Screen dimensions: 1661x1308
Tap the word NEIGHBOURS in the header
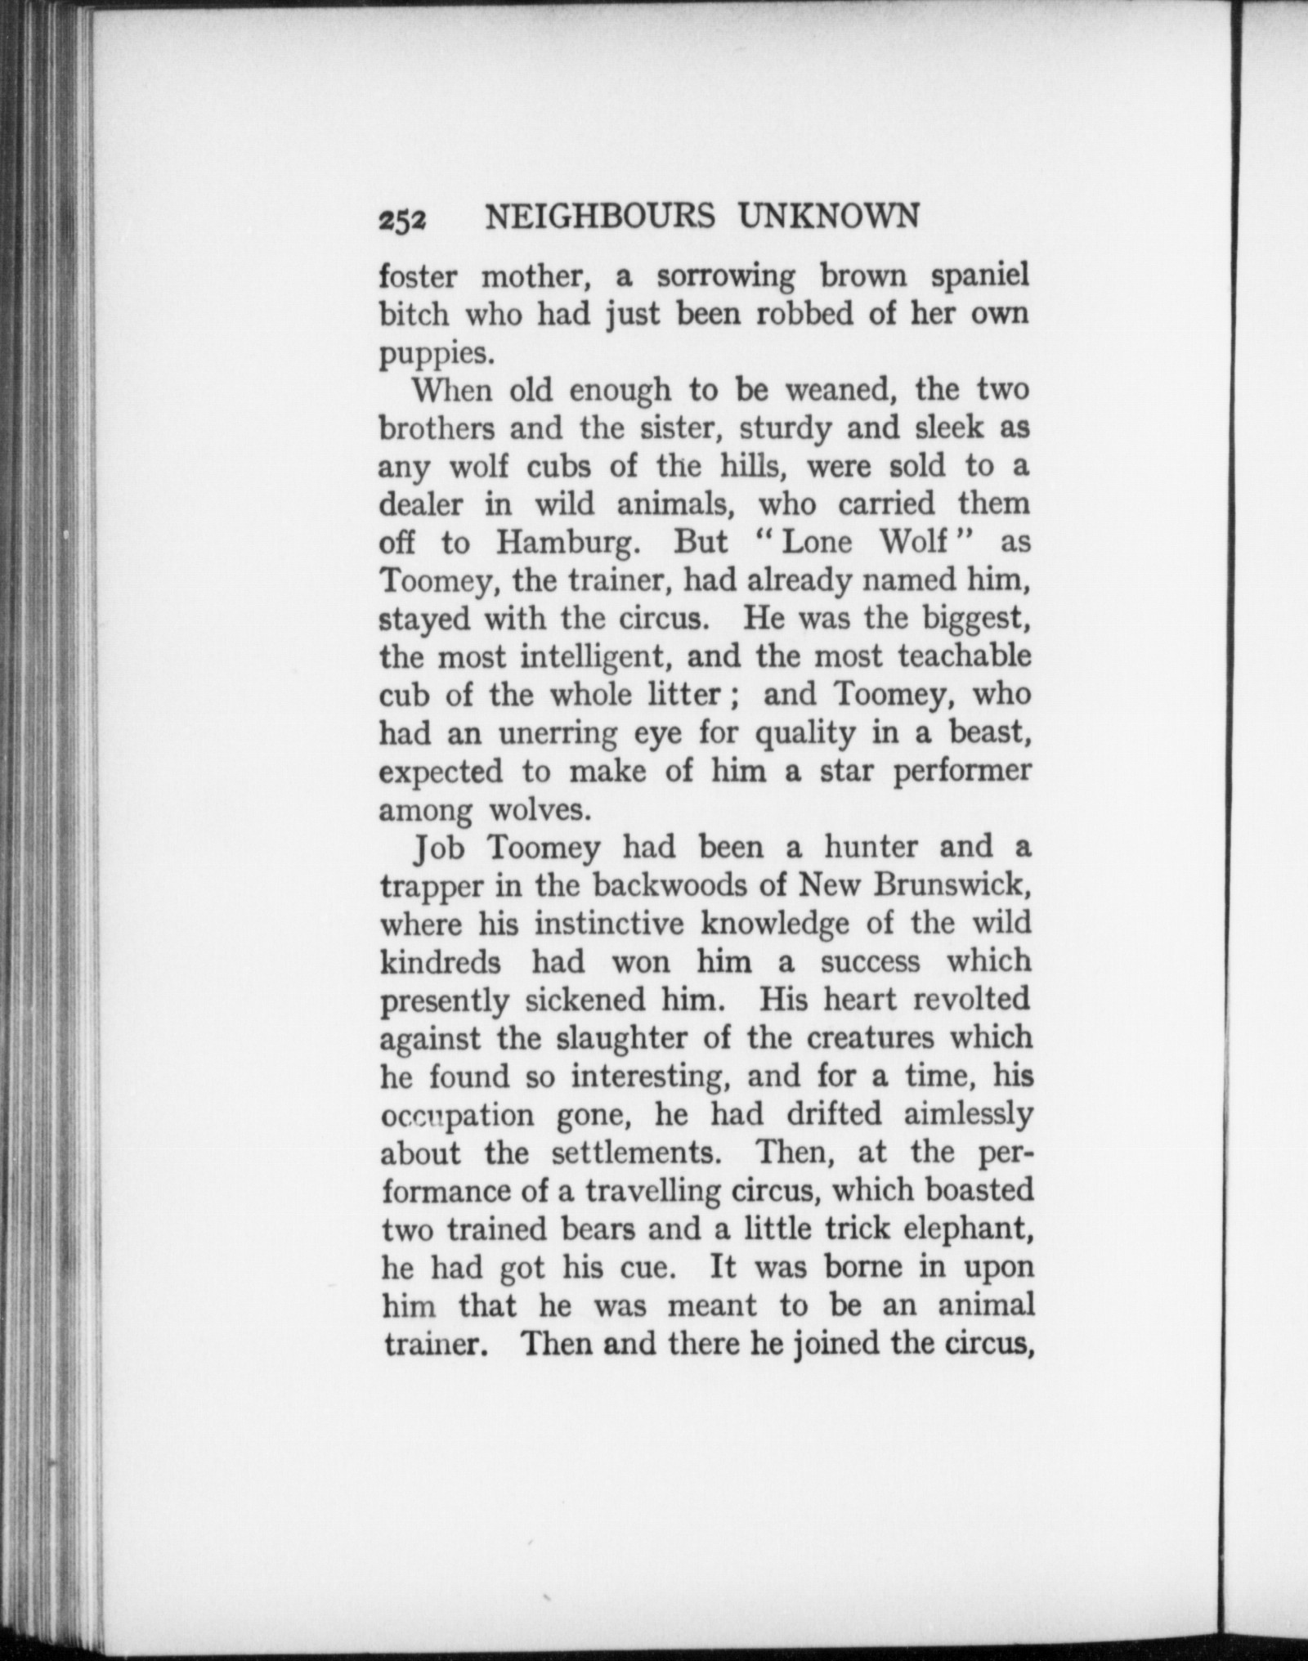point(600,217)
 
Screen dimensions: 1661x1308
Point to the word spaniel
point(981,277)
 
